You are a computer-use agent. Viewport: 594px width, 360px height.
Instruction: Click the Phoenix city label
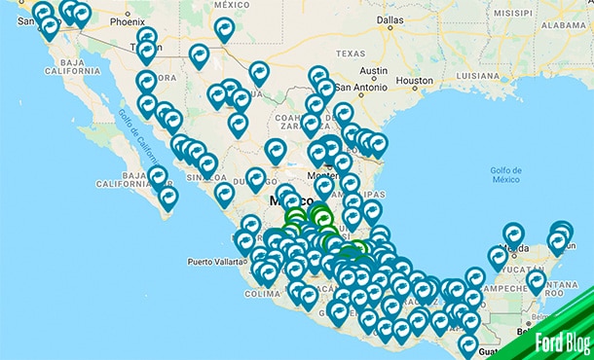[x=127, y=20]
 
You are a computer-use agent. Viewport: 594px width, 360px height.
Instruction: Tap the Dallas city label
[x=389, y=18]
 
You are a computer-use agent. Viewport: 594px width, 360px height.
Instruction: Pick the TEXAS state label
[x=353, y=53]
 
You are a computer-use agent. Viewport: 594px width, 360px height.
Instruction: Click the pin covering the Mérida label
[x=512, y=234]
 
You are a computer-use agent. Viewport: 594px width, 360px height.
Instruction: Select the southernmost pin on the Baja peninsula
[x=168, y=198]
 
